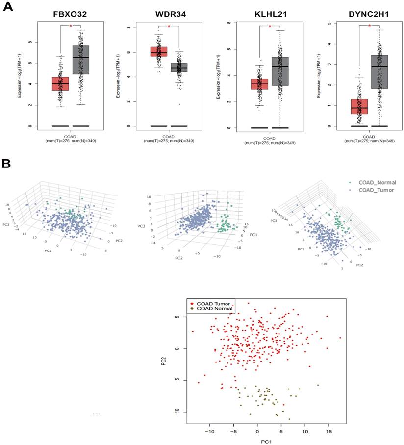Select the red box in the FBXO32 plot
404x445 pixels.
click(x=60, y=83)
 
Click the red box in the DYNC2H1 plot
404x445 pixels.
click(x=359, y=106)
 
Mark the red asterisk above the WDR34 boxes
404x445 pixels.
click(x=169, y=26)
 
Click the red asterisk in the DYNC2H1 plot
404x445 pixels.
click(x=369, y=26)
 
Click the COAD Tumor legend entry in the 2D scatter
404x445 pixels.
click(x=211, y=303)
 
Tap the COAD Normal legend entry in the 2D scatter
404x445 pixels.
click(x=212, y=309)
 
